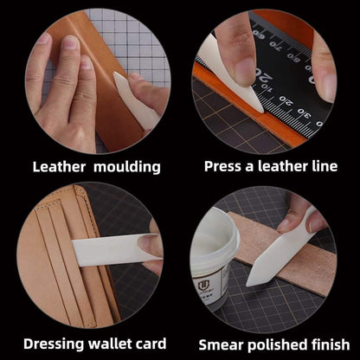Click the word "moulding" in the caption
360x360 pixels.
tap(126, 165)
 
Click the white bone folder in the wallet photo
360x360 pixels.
tap(112, 250)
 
